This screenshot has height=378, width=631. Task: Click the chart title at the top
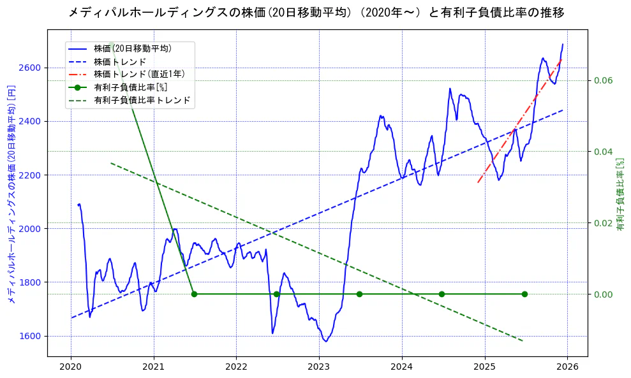point(315,13)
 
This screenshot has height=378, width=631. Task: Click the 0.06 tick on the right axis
point(604,80)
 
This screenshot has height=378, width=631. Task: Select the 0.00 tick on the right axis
point(604,294)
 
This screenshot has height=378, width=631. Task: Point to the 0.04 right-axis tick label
point(604,152)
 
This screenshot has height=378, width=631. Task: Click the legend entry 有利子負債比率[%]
point(130,87)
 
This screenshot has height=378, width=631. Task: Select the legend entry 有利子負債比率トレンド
point(142,100)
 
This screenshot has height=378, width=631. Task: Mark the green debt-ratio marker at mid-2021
point(194,294)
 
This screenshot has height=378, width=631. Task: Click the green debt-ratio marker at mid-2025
point(524,294)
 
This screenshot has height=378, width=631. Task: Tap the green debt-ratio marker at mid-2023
point(359,294)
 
